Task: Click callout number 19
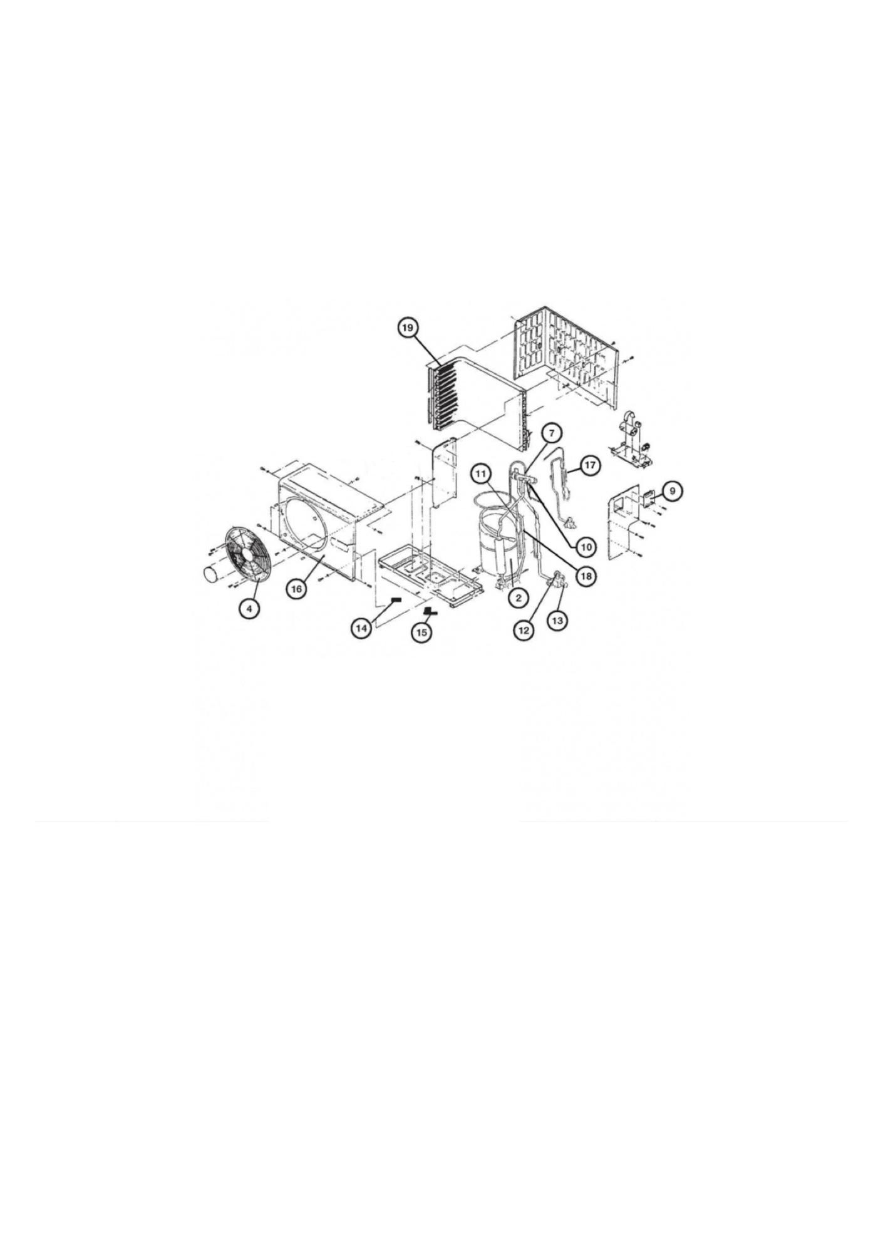408,328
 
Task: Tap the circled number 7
552,433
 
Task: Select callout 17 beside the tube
590,465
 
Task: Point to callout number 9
672,490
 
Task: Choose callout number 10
586,547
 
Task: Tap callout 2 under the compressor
519,598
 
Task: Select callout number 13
557,620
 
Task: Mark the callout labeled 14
361,628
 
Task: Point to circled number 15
421,633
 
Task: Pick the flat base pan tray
430,574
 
